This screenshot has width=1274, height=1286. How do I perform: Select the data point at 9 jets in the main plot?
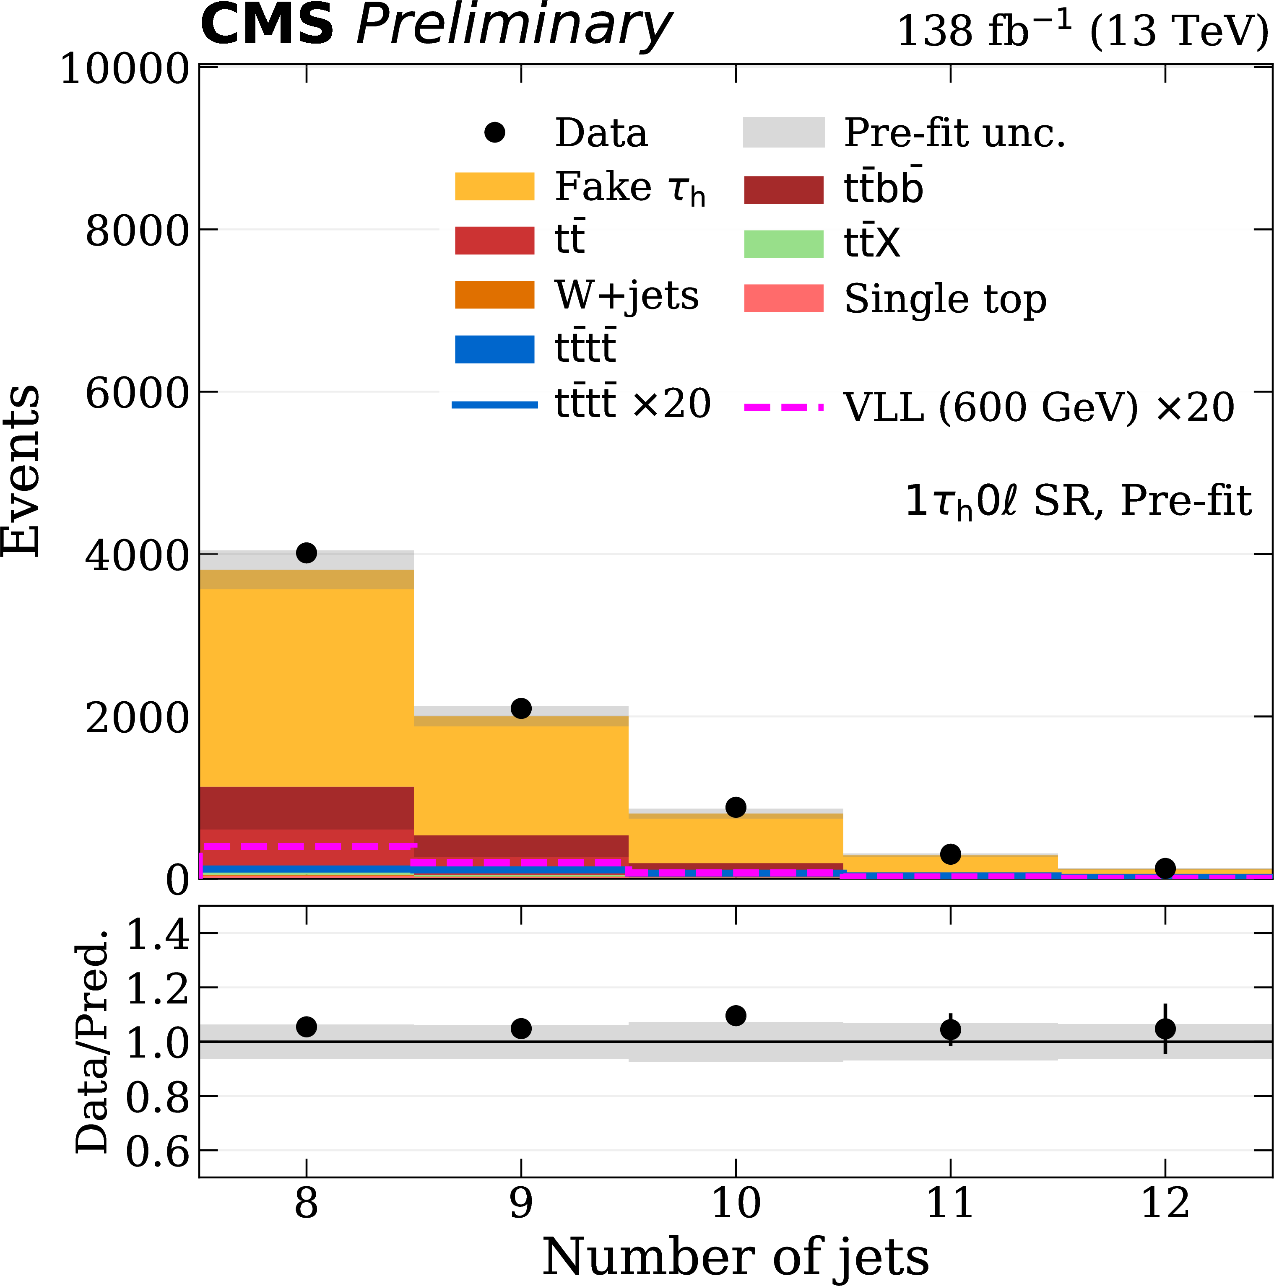pyautogui.click(x=521, y=708)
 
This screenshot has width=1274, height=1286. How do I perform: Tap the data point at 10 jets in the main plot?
pyautogui.click(x=735, y=807)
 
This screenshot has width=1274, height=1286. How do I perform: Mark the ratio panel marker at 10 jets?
pyautogui.click(x=735, y=1016)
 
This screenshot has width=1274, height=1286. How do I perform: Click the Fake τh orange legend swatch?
pyautogui.click(x=494, y=187)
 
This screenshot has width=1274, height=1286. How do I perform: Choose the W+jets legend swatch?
pyautogui.click(x=494, y=295)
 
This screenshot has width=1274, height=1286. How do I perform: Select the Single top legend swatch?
pyautogui.click(x=783, y=298)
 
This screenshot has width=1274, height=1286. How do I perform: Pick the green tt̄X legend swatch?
pyautogui.click(x=783, y=244)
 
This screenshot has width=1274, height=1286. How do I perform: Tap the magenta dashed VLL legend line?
pyautogui.click(x=783, y=406)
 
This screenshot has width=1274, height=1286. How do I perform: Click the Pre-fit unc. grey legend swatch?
pyautogui.click(x=783, y=132)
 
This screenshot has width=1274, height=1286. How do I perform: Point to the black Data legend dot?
pyautogui.click(x=494, y=132)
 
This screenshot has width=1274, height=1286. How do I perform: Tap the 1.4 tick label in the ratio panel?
pyautogui.click(x=158, y=935)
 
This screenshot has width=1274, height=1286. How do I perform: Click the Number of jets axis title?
pyautogui.click(x=735, y=1257)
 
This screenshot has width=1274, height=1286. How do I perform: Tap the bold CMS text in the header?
pyautogui.click(x=266, y=25)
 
